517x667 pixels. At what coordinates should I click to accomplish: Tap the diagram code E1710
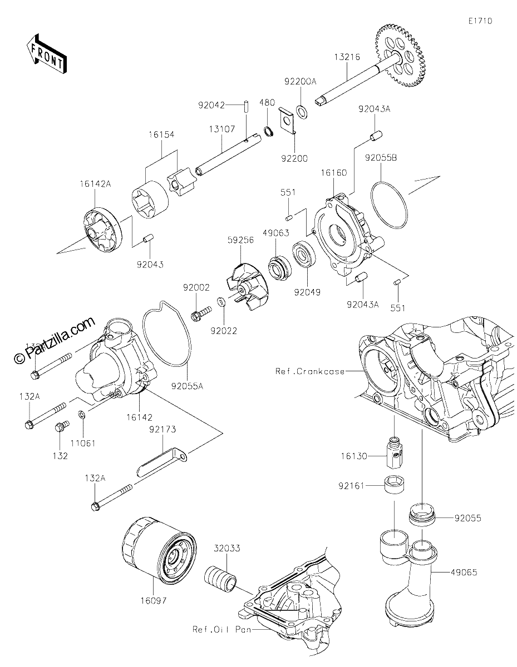click(x=480, y=21)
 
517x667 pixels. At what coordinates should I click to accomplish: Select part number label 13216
click(x=347, y=57)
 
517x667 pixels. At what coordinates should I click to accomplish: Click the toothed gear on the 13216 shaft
click(x=401, y=56)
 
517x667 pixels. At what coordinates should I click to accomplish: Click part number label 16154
click(x=161, y=135)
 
